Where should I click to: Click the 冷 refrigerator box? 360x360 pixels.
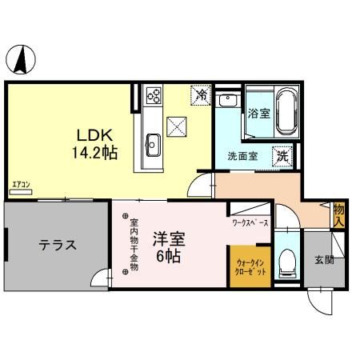(x=202, y=94)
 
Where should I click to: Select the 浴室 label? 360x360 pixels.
(x=258, y=113)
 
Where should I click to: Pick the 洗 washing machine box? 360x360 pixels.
(x=282, y=156)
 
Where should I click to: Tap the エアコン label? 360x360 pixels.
(x=20, y=186)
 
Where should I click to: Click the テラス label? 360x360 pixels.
(x=58, y=245)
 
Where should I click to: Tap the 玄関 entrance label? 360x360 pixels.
(x=322, y=260)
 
